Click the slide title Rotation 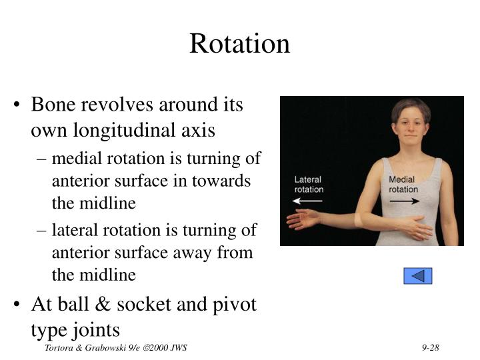239,44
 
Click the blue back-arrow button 418,275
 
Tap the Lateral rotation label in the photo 309,185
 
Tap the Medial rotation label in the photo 403,185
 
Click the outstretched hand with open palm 303,219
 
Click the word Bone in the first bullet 54,105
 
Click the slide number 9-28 433,349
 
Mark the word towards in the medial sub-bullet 226,181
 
